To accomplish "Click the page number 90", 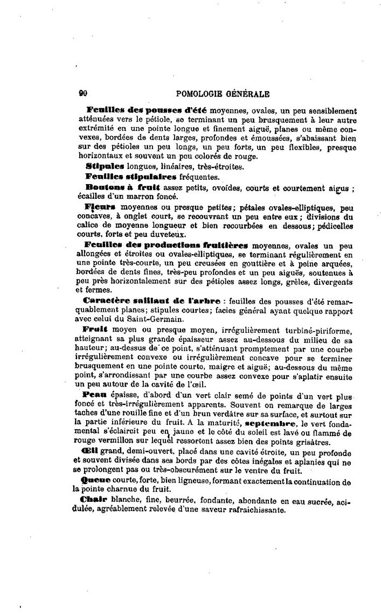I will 83,93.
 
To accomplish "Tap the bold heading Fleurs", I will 101,207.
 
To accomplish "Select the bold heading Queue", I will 95,480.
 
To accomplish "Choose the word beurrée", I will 158,500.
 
